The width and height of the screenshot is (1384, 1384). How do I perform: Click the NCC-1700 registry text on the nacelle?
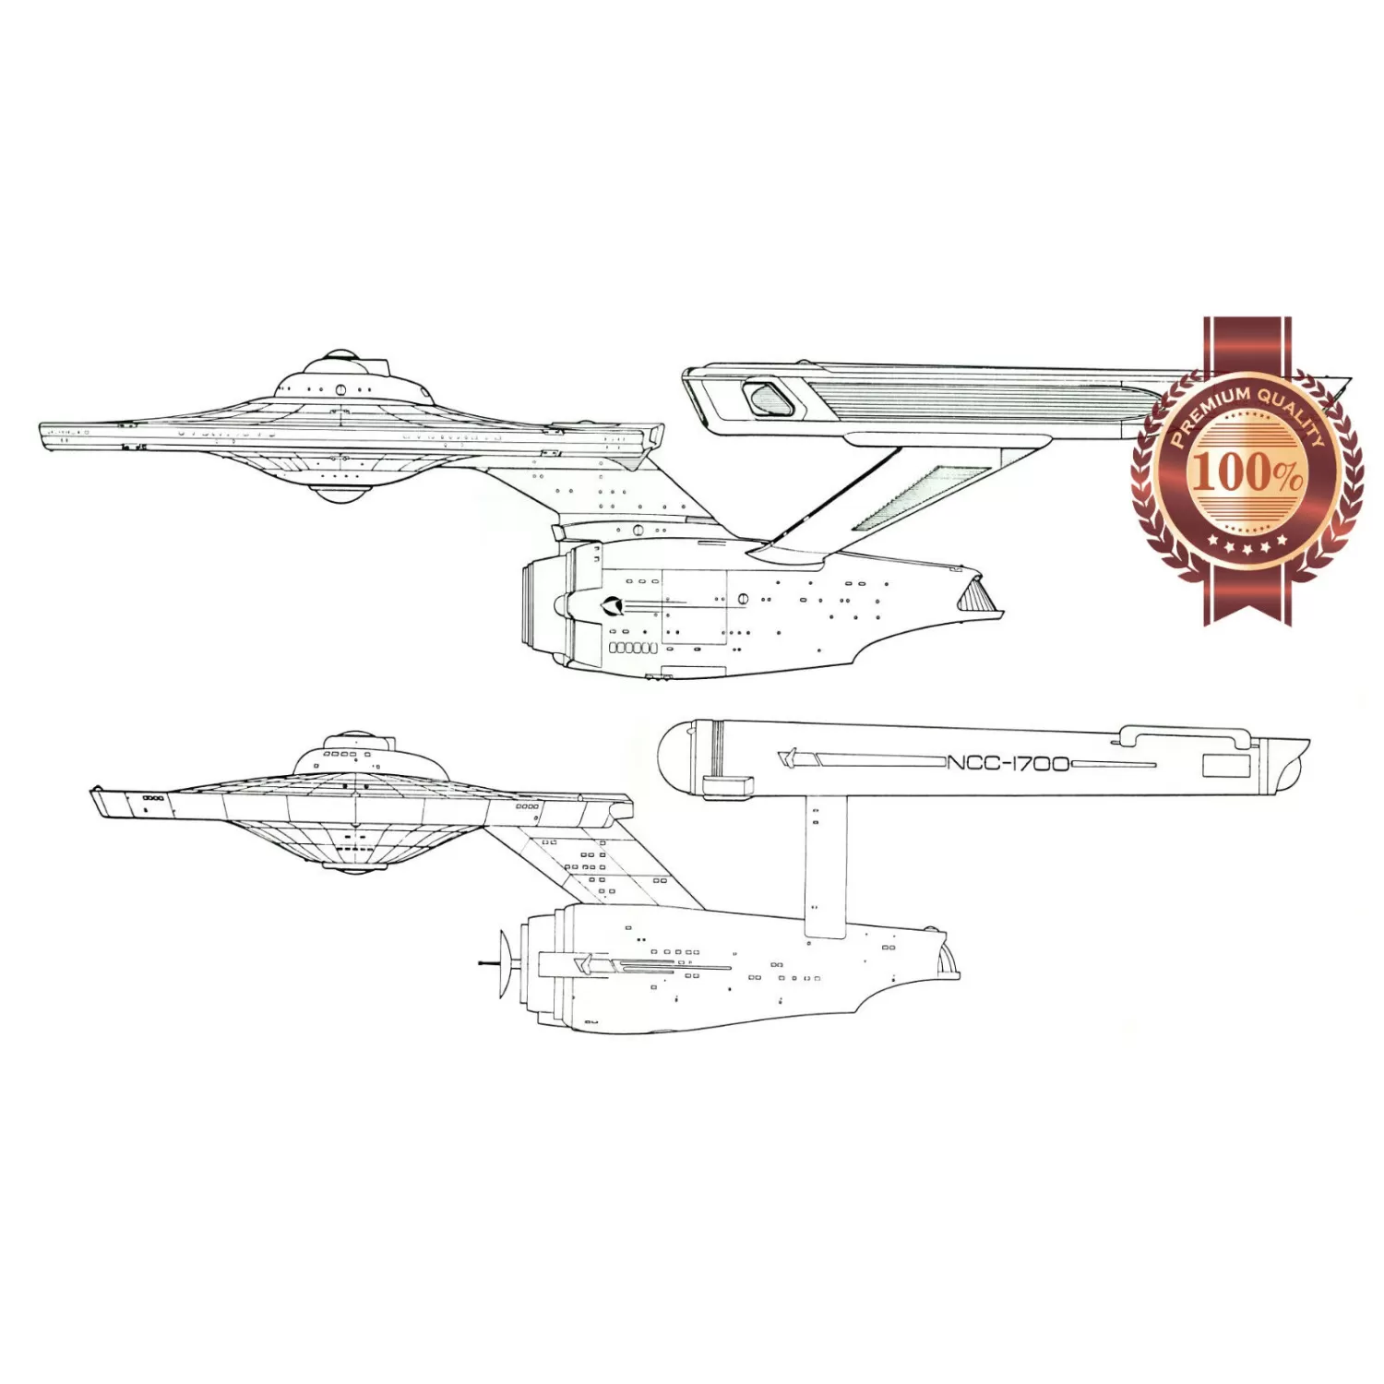click(x=1008, y=763)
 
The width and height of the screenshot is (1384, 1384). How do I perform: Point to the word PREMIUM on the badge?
click(x=1211, y=413)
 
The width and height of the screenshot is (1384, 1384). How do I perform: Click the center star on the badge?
click(x=1247, y=551)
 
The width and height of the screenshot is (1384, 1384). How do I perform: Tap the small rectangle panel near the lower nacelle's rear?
click(x=1226, y=765)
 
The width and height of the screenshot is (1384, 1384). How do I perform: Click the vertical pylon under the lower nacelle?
click(x=825, y=865)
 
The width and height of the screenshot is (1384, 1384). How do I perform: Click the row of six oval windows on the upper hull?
click(x=633, y=648)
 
